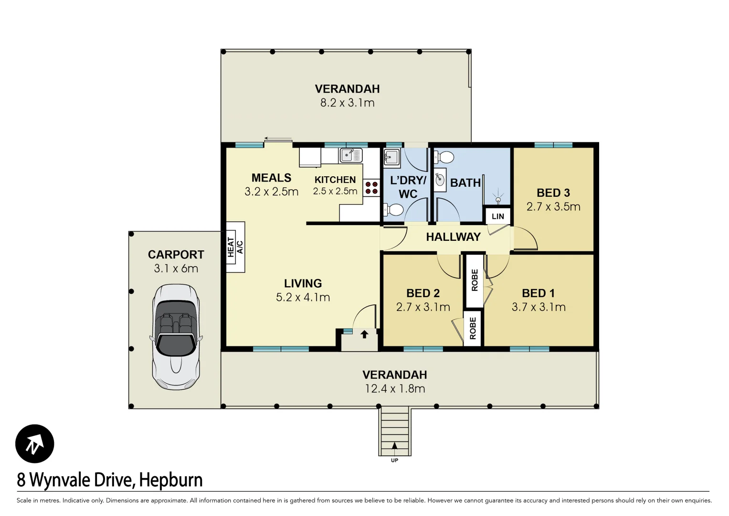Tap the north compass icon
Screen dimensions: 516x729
tap(34, 444)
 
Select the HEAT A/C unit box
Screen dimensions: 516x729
tap(235, 247)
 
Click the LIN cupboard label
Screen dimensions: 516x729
tap(497, 216)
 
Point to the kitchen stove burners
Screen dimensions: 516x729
tap(371, 188)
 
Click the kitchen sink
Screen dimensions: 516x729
tap(350, 155)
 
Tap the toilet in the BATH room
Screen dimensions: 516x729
tap(444, 157)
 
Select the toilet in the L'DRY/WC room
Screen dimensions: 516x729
tap(394, 209)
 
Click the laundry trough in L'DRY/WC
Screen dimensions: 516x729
tap(391, 157)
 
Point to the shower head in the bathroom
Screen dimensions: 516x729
tap(498, 200)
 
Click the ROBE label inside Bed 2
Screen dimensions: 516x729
tap(473, 328)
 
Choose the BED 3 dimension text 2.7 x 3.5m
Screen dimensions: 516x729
tap(553, 207)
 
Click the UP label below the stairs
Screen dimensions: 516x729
tap(394, 461)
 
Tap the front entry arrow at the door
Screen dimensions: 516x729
tap(364, 334)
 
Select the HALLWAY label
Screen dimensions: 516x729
tap(453, 237)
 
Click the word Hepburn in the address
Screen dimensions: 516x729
tap(171, 480)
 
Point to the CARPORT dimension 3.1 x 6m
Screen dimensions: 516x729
tap(176, 269)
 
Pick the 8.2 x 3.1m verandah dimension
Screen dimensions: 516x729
tap(347, 103)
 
